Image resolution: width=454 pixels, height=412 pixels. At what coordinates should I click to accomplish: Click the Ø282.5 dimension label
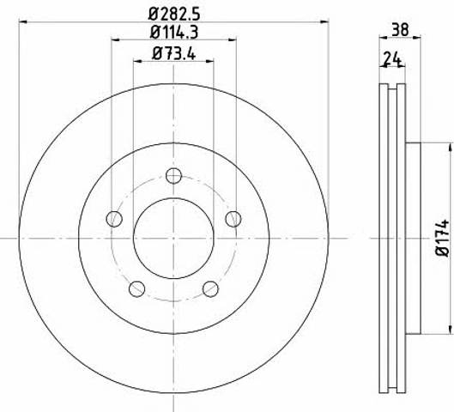pos(174,14)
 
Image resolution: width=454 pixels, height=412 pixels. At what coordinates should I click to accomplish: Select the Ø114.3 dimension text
pos(174,33)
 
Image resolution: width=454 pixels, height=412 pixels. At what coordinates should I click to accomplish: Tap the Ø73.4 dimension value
pos(173,53)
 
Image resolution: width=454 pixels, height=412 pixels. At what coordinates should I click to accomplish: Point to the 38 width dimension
pos(400,29)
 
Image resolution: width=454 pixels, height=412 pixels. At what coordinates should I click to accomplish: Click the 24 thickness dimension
pos(392,59)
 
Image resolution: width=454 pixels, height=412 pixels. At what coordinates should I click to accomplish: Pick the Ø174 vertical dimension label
pos(442,238)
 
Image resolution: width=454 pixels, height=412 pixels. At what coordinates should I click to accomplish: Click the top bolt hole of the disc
pos(173,176)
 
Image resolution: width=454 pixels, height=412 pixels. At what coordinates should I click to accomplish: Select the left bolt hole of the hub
pos(114,219)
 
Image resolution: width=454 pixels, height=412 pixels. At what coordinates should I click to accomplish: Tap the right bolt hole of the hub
pos(233,219)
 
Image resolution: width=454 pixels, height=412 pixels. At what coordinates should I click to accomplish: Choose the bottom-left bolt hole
pos(137,288)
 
